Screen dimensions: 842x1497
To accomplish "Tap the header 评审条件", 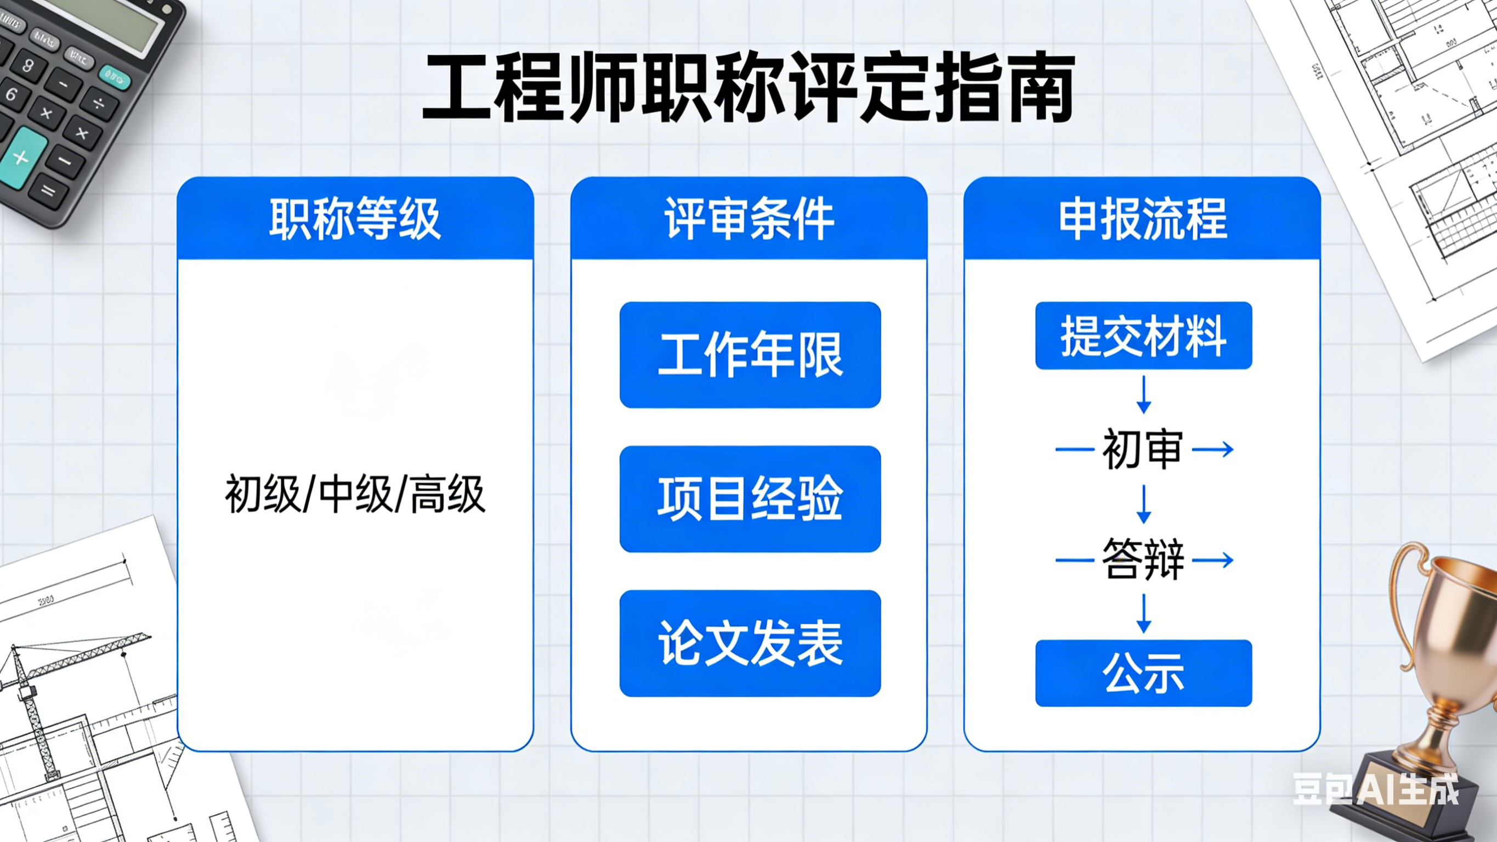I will pos(749,219).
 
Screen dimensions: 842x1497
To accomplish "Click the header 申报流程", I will pos(1143,219).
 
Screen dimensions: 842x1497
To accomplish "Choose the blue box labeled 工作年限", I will pos(750,355).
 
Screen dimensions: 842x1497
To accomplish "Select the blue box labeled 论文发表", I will pos(750,643).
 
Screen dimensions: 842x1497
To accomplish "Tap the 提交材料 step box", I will pos(1143,336).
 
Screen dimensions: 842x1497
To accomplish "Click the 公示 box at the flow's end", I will pos(1143,674).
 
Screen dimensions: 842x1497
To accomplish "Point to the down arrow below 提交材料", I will pos(1144,395).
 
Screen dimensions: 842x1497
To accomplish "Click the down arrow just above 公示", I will pos(1144,614).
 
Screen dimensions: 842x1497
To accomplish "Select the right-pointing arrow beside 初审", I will pos(1213,449).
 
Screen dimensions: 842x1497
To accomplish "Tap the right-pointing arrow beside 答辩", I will pos(1213,560).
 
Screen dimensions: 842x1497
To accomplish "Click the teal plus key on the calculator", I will pos(21,157).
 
